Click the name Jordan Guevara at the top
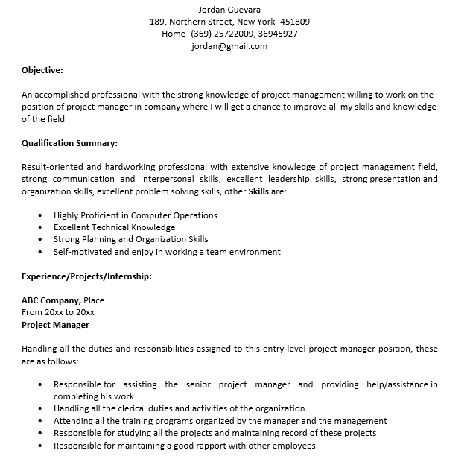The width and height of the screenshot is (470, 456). (x=229, y=10)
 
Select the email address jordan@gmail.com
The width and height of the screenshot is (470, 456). (x=229, y=45)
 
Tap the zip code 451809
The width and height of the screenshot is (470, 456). (x=294, y=22)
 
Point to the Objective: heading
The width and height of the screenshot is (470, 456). (x=42, y=70)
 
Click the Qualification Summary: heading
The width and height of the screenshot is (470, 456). (x=69, y=142)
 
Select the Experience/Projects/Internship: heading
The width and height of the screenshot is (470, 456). (x=86, y=276)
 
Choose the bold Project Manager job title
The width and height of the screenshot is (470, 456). (x=55, y=325)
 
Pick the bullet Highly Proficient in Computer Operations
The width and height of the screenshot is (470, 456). (x=135, y=215)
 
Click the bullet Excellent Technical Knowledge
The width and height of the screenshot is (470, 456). (x=114, y=227)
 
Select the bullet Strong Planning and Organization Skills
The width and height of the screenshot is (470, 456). (x=130, y=239)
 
